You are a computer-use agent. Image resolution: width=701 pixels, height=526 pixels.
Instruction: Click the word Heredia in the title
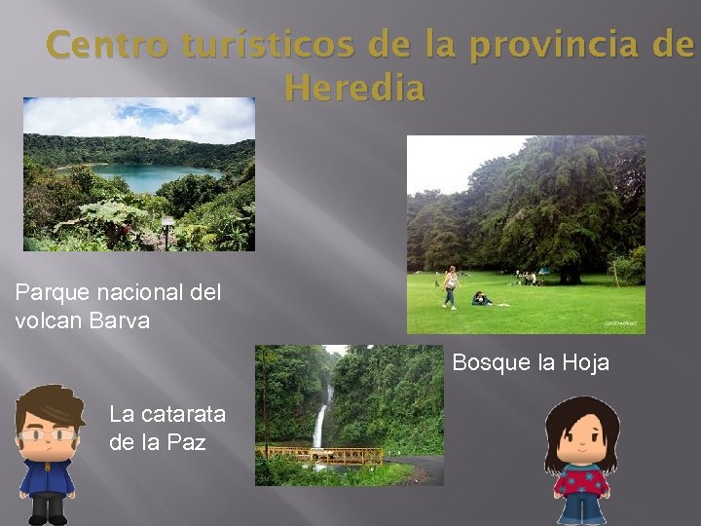[x=355, y=89]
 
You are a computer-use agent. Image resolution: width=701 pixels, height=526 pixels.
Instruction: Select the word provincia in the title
[x=532, y=45]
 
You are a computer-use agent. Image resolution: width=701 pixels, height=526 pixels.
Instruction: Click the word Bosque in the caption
[x=491, y=363]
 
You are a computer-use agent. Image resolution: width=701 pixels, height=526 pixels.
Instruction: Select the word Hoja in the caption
[x=584, y=363]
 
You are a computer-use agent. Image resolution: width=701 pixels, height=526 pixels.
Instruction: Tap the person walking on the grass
[x=450, y=287]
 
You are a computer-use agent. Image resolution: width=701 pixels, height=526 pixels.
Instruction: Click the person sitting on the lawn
[x=481, y=299]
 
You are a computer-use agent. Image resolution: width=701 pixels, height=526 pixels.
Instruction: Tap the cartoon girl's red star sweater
[x=581, y=480]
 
